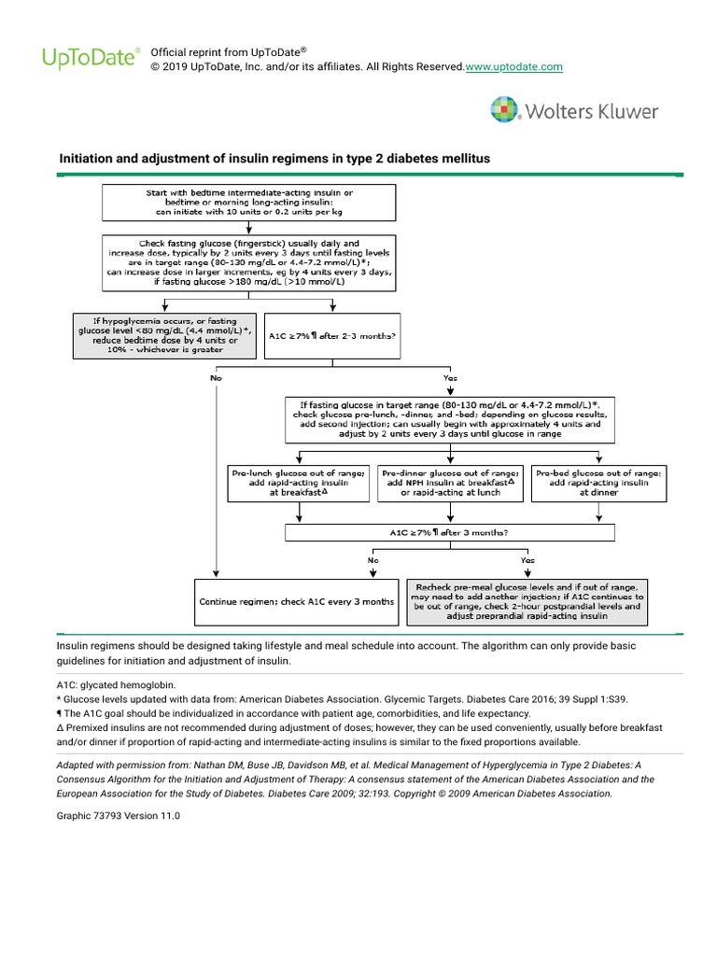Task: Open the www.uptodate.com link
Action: (x=513, y=67)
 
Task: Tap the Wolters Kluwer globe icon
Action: (x=506, y=111)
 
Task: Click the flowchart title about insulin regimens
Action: (x=274, y=160)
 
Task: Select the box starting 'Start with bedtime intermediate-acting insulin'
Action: (x=250, y=202)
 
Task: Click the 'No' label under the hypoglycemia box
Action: (x=216, y=378)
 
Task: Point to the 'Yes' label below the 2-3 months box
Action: (x=449, y=378)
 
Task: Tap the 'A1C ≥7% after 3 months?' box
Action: (x=449, y=532)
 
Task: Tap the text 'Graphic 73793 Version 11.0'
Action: (x=119, y=815)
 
